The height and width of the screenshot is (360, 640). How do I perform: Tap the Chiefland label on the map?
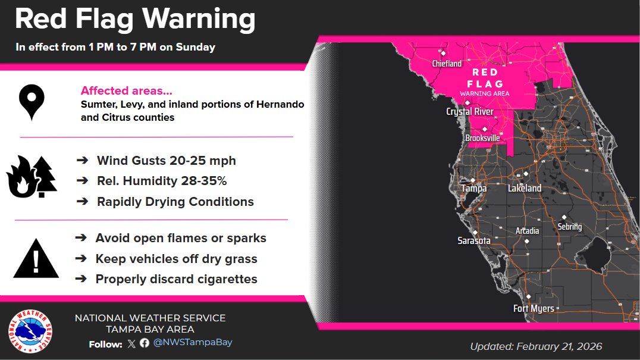(x=447, y=64)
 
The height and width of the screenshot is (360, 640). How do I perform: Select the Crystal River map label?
(x=470, y=112)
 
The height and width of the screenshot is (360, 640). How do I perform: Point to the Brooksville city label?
(x=482, y=138)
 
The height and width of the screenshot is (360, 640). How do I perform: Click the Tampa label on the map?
(x=474, y=189)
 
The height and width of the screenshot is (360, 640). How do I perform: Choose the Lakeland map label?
(x=525, y=189)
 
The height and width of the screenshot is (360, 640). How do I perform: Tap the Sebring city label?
(x=570, y=227)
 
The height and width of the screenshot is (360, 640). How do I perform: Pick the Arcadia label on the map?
(x=527, y=231)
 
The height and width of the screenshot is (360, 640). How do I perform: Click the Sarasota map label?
(x=474, y=241)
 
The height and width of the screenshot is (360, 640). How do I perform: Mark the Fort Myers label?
(x=534, y=308)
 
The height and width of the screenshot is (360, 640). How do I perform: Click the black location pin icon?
(x=32, y=102)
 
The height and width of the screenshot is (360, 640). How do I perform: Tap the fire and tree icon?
(x=31, y=177)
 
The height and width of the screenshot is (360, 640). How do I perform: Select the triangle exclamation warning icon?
(x=36, y=259)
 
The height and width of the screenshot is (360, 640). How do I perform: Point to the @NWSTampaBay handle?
(x=192, y=342)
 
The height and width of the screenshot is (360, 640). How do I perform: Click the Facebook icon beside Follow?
(x=144, y=343)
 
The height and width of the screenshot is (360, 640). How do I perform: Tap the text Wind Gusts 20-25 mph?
(x=166, y=161)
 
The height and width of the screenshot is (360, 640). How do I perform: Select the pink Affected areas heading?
(x=127, y=91)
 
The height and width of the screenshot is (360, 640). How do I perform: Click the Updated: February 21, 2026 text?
(x=536, y=346)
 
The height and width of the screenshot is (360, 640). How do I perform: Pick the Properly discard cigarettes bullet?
(x=176, y=279)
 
